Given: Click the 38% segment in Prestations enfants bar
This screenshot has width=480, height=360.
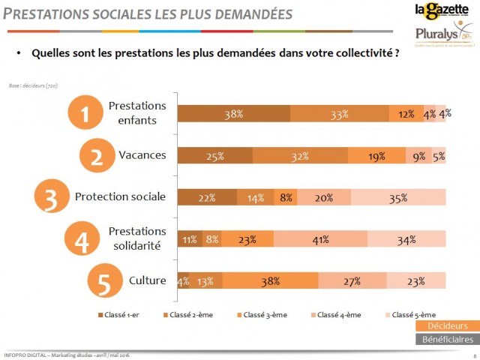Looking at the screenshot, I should coord(233,115).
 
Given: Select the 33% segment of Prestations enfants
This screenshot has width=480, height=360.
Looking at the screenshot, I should coord(339,115).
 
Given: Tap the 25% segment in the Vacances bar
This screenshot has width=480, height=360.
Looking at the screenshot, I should coord(214,157).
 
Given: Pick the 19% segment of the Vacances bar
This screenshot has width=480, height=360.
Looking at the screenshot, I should coord(376,157).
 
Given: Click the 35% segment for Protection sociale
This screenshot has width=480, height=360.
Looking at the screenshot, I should coord(397,198).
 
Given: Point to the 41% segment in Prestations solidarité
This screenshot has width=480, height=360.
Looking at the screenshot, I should coord(320,240).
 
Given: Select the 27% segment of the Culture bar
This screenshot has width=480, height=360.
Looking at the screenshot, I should coord(352,281).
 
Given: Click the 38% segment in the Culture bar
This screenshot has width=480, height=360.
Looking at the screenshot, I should coord(270,281).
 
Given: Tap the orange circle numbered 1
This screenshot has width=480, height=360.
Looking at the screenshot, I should coord(85,114).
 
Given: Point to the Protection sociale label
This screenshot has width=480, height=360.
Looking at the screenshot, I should coord(120,197).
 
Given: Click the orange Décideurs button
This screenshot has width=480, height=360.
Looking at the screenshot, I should coord(448,325).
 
